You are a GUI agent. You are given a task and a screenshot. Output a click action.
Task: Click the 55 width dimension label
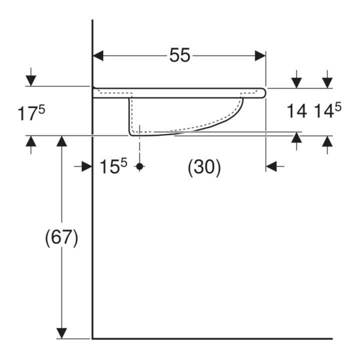point(180,55)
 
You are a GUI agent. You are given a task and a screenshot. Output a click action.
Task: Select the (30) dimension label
point(204,167)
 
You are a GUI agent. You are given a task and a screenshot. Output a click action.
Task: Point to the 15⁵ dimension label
point(113,166)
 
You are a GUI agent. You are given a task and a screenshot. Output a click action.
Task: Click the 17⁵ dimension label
point(31,113)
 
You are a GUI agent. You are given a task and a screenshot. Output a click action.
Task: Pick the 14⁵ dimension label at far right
point(327,110)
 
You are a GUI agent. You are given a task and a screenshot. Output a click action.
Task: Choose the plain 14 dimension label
point(297,111)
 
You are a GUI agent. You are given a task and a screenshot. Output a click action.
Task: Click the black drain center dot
point(139,166)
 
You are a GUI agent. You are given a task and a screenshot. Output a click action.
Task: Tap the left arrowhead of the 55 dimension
point(98,56)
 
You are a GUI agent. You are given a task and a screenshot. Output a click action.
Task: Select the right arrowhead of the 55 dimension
point(260,56)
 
